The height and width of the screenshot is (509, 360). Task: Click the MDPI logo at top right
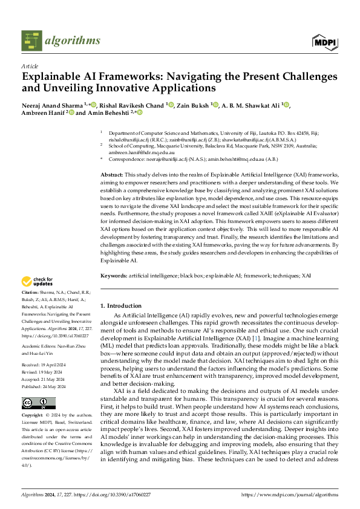(325, 41)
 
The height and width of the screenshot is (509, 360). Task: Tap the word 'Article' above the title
(30, 65)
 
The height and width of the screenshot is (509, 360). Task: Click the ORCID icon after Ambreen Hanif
(71, 112)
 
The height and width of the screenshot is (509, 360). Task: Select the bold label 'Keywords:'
(114, 274)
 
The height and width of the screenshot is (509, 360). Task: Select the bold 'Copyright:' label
(34, 416)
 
